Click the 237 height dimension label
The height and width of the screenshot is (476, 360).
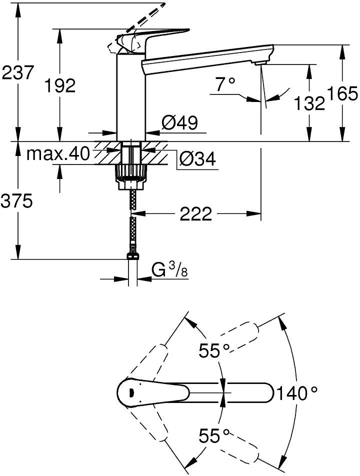pyautogui.click(x=17, y=72)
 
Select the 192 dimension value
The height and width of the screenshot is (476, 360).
pyautogui.click(x=60, y=85)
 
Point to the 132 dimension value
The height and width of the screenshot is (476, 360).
pyautogui.click(x=309, y=103)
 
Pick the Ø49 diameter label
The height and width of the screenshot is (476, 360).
pyautogui.click(x=179, y=122)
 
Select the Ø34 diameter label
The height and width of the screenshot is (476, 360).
pyautogui.click(x=197, y=158)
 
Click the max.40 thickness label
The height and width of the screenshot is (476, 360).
pyautogui.click(x=58, y=153)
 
